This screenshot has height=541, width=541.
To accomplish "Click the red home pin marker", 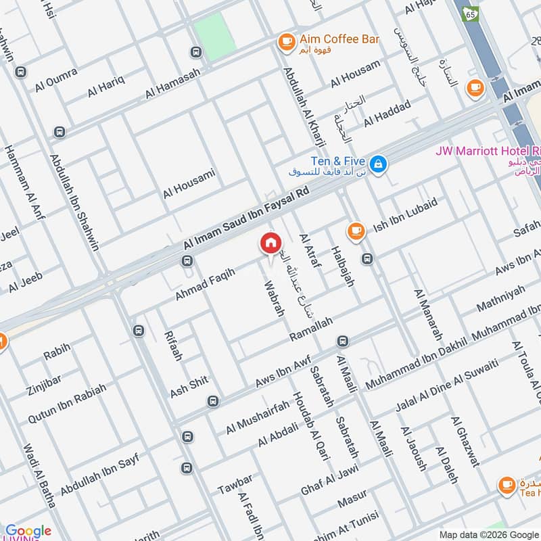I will click(x=270, y=243).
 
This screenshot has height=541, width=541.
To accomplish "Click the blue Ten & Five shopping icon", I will click(x=379, y=163).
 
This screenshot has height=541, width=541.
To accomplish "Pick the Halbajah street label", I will click(x=342, y=266).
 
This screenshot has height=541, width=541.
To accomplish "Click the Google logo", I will click(x=28, y=531).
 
